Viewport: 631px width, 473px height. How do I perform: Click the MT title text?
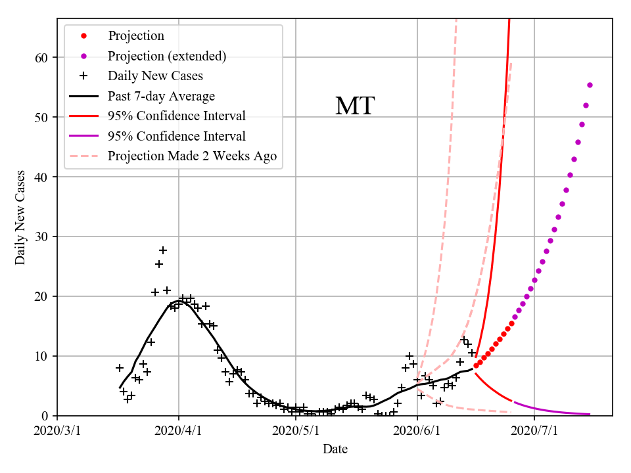click(355, 106)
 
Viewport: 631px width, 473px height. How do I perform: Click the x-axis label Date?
click(335, 449)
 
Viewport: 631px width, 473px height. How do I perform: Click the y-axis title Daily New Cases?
click(20, 217)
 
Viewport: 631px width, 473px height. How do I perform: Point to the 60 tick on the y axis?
click(41, 58)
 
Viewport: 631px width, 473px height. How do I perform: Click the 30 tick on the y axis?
click(41, 236)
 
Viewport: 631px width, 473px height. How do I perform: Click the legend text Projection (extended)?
click(167, 56)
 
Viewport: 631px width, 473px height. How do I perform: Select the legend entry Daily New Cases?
click(155, 76)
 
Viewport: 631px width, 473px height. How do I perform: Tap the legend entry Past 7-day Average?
click(161, 97)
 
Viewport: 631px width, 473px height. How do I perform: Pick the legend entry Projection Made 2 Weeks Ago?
click(192, 156)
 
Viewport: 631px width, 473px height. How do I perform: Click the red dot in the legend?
click(83, 36)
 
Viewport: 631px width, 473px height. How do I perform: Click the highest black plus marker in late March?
click(163, 250)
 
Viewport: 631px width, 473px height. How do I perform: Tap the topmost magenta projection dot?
click(590, 85)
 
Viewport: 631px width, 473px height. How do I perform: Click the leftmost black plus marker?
click(120, 368)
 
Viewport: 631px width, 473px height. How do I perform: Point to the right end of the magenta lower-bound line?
click(590, 414)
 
